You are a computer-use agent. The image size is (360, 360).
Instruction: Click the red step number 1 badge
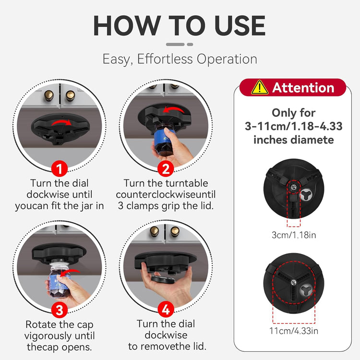(x=59, y=169)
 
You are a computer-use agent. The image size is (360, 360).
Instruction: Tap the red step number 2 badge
(x=166, y=169)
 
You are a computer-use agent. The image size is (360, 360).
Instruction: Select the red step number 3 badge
(x=59, y=310)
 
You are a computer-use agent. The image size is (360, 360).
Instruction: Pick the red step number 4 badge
(x=166, y=310)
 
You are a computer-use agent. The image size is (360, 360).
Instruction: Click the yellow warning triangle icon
(x=260, y=87)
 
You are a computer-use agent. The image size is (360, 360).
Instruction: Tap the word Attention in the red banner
(x=303, y=88)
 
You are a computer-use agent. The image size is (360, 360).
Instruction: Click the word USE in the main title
(x=240, y=25)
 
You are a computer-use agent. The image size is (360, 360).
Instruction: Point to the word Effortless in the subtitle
(x=165, y=59)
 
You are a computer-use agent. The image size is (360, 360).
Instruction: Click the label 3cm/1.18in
(x=294, y=235)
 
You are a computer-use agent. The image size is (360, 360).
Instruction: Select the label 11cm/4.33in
(x=294, y=331)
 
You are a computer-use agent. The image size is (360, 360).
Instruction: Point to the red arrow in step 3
(x=69, y=273)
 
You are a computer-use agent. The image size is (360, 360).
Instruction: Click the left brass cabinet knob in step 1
(x=48, y=96)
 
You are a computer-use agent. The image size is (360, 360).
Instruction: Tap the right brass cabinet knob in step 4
(x=175, y=231)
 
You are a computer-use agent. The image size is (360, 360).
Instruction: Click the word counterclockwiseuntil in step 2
(x=166, y=194)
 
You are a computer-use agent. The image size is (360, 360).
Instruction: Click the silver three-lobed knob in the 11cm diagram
(x=306, y=290)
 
